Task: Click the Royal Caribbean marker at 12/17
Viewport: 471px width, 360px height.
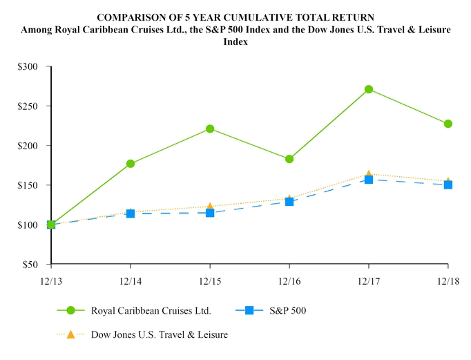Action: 369,89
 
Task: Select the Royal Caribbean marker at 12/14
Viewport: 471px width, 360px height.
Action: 131,164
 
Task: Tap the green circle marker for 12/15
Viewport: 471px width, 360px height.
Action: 210,129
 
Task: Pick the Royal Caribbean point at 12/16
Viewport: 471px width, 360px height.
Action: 289,159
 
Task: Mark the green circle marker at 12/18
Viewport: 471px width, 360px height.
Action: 448,124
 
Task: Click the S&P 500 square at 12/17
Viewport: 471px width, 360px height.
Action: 369,180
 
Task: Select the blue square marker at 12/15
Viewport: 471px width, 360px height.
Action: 210,213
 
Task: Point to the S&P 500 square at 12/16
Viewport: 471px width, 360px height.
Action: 289,202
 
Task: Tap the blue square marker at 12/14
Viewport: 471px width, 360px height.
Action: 131,214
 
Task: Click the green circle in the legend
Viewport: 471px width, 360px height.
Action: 70,310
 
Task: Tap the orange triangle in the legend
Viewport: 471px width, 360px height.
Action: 70,334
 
